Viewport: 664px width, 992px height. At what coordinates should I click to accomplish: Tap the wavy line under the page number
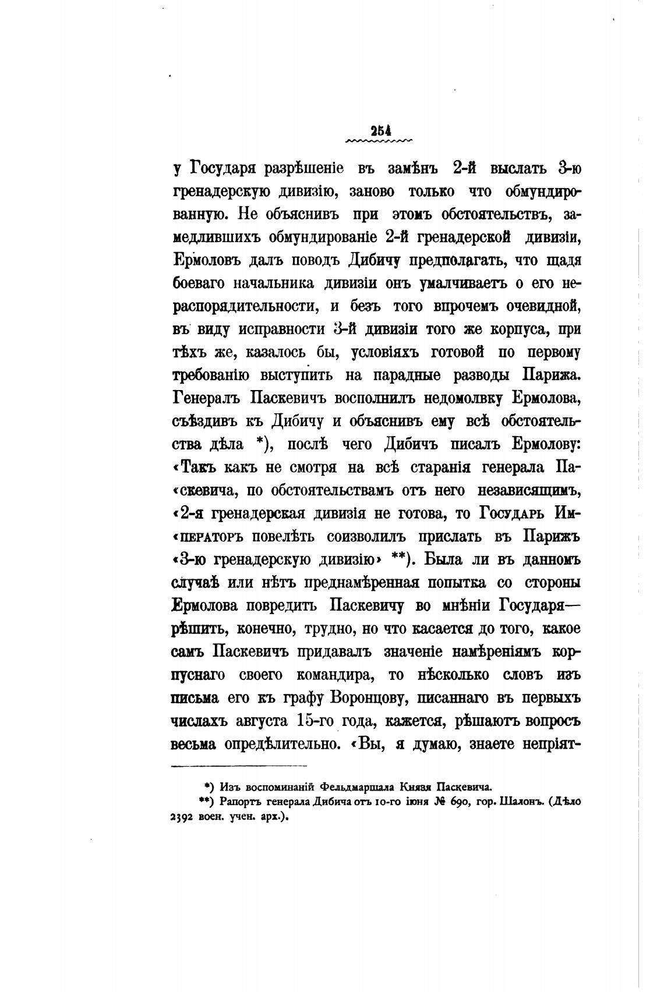[379, 141]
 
